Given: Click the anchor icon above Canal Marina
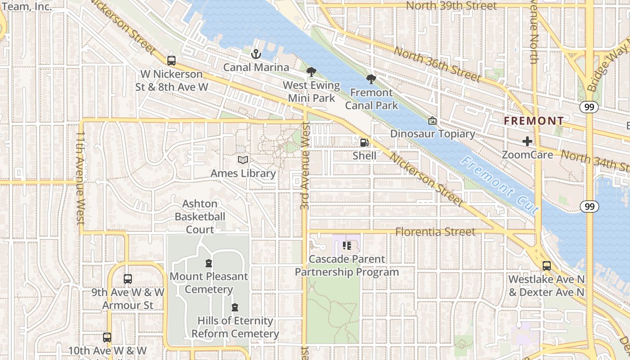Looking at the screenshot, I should click(x=256, y=54).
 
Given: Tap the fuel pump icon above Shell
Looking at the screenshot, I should click(x=364, y=143).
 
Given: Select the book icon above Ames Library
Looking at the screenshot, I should click(x=243, y=160).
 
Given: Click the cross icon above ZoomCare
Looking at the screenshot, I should click(x=527, y=142).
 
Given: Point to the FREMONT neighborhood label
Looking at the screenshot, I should click(x=533, y=121).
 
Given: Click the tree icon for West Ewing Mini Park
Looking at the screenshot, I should click(x=311, y=72).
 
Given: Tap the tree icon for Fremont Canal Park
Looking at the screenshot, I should click(x=371, y=80).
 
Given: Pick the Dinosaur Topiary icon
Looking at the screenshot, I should click(x=432, y=121).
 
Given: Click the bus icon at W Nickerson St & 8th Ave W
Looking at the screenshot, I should click(x=171, y=60).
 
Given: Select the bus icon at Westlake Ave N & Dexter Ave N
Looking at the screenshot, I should click(x=546, y=266).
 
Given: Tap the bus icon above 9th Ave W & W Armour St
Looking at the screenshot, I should click(x=128, y=279).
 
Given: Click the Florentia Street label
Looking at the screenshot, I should click(x=435, y=232).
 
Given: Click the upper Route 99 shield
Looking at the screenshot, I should click(x=589, y=107).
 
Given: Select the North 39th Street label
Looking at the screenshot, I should click(x=451, y=6).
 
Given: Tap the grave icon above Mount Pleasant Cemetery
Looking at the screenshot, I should click(x=209, y=263).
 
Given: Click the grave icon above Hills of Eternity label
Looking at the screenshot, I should click(x=234, y=308).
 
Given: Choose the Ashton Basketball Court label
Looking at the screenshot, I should click(x=200, y=216).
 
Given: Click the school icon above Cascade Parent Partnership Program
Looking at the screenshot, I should click(x=346, y=246).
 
